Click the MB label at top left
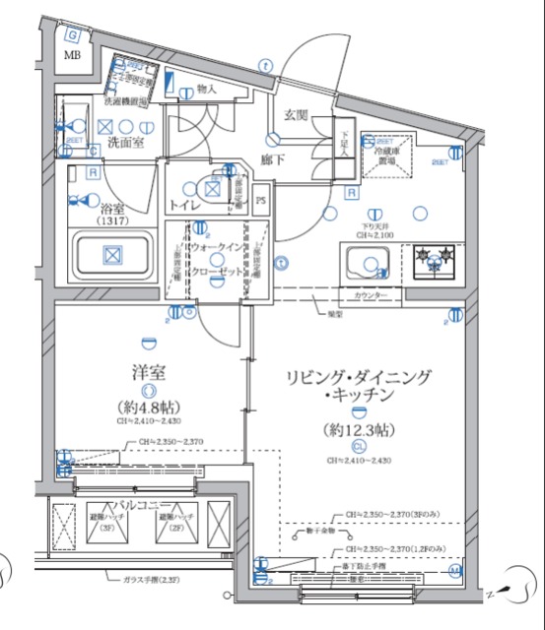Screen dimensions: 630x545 click(73, 55)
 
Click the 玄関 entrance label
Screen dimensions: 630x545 click(298, 116)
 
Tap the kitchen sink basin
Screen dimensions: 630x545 click(371, 263)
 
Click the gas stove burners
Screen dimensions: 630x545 click(435, 259)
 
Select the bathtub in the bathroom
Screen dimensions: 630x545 click(111, 257)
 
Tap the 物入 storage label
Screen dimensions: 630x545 click(207, 90)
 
